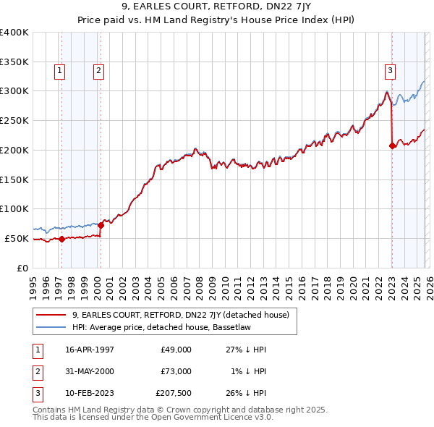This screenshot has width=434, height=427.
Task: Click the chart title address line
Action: click(216, 9)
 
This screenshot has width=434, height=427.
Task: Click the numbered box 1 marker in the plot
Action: click(59, 70)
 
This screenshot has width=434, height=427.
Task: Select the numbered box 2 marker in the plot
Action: click(98, 70)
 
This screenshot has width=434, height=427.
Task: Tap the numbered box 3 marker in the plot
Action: click(390, 70)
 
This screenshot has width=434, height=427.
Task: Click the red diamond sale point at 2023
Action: click(393, 145)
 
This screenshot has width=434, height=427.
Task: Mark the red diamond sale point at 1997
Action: click(61, 239)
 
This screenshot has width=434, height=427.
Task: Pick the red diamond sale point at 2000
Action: click(101, 225)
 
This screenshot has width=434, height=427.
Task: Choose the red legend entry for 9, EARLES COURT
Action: click(180, 315)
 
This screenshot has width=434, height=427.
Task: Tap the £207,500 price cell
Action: click(174, 393)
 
